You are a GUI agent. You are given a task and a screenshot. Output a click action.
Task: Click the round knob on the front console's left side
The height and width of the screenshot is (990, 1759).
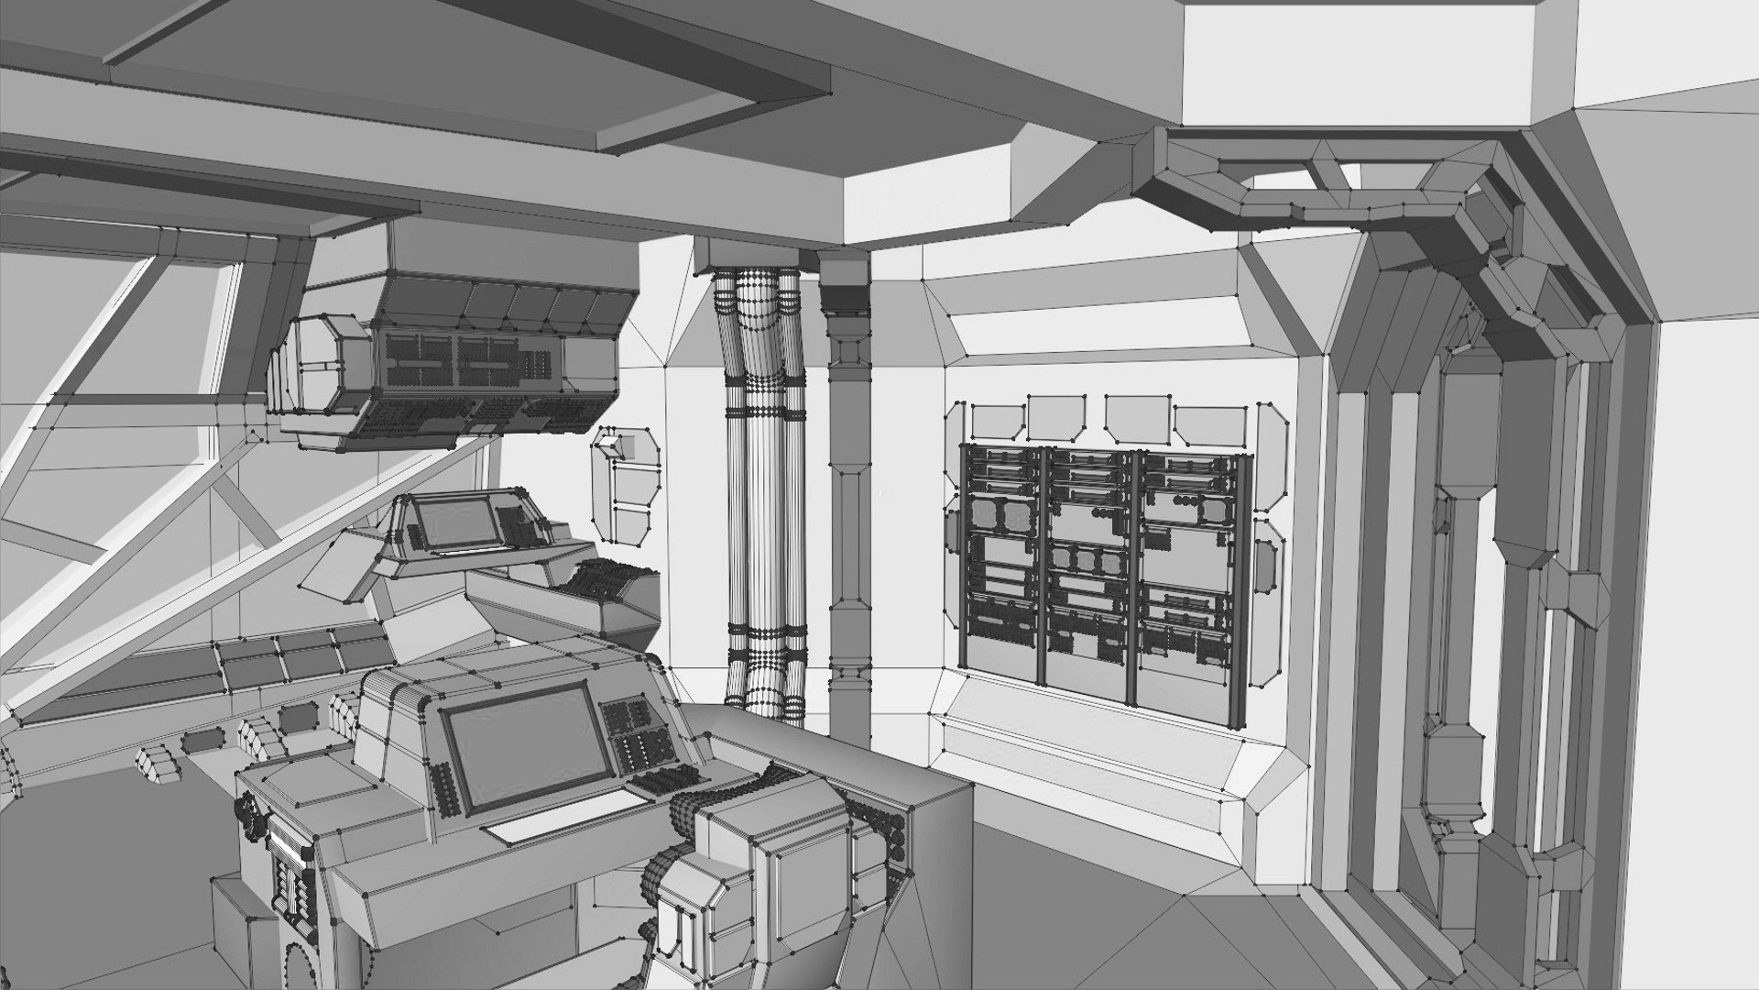[247, 809]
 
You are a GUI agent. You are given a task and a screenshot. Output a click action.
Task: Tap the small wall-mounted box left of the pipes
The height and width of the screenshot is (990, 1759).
[628, 481]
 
